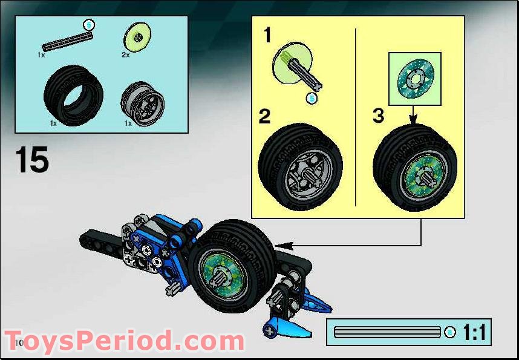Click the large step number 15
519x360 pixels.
point(32,160)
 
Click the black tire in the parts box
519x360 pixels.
point(73,96)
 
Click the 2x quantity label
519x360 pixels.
point(126,54)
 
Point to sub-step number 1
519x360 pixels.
point(267,36)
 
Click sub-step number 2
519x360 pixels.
point(264,116)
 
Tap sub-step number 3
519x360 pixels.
point(378,116)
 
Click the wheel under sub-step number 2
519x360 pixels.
point(301,165)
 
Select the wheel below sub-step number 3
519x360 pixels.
point(414,166)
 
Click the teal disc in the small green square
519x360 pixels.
point(414,78)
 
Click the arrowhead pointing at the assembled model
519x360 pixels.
point(284,246)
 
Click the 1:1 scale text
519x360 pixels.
point(474,332)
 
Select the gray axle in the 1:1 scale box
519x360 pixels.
point(387,332)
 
